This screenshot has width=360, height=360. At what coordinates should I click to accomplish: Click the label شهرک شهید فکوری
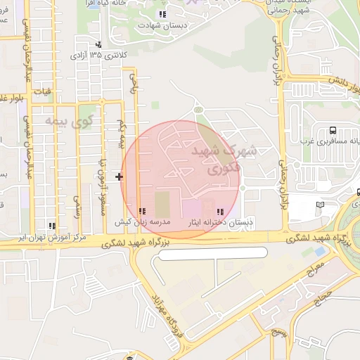click(224, 159)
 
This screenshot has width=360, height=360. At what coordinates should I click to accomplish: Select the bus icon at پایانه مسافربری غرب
click(332, 130)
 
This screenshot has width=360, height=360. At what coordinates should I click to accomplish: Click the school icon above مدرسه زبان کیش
click(142, 211)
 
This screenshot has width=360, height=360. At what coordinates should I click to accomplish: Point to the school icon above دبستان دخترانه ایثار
click(220, 211)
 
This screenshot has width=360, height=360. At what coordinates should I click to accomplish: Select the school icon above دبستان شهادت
click(162, 14)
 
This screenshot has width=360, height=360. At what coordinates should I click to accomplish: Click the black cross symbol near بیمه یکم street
click(119, 176)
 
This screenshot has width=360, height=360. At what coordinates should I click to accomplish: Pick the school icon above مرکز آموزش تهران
click(51, 226)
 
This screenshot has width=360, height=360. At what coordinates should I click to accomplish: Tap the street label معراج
click(313, 271)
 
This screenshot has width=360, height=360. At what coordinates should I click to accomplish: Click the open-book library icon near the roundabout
click(321, 204)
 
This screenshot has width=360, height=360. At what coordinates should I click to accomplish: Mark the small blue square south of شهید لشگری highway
click(320, 250)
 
